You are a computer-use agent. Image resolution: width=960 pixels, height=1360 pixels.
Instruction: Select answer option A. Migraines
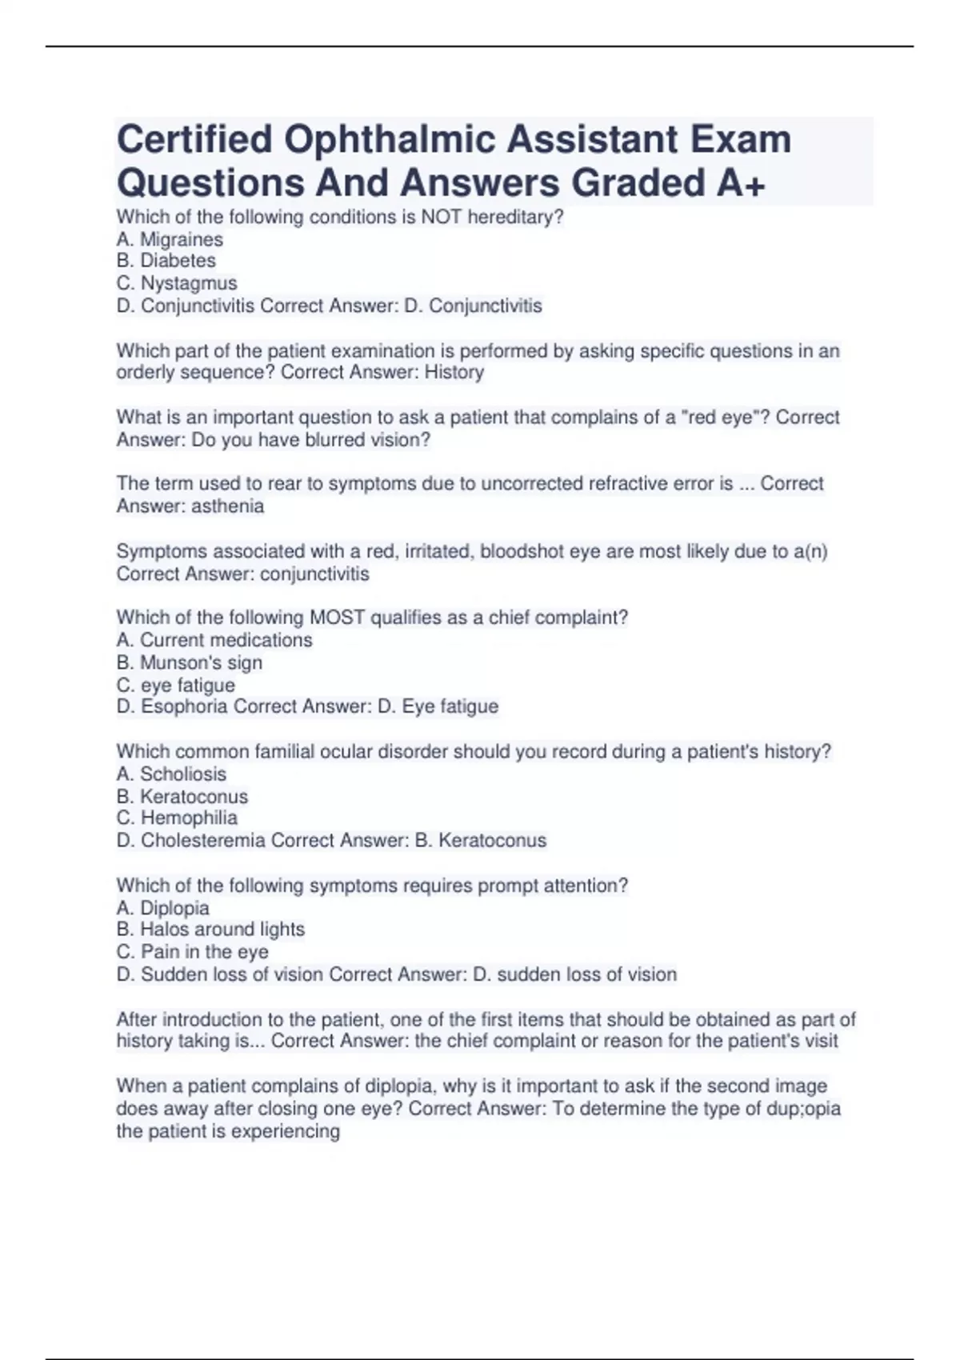point(170,239)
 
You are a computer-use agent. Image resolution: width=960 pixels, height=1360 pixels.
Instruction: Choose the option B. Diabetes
point(166,261)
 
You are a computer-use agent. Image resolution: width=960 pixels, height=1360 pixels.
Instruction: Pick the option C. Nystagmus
point(177,283)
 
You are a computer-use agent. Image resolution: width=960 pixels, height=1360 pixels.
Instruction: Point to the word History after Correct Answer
point(454,372)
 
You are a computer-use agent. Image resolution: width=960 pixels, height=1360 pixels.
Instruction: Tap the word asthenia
point(227,506)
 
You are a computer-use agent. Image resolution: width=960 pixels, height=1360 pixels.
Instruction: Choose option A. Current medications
point(214,640)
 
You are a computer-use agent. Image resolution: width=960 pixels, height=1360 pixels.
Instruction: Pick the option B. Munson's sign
point(190,662)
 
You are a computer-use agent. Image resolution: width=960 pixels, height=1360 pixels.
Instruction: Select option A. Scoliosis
point(171,774)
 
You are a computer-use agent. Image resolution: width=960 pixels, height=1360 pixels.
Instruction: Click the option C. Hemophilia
point(177,818)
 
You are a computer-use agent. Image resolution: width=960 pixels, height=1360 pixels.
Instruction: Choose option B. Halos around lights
point(210,929)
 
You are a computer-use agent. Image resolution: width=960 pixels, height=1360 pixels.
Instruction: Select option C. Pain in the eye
point(193,951)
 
